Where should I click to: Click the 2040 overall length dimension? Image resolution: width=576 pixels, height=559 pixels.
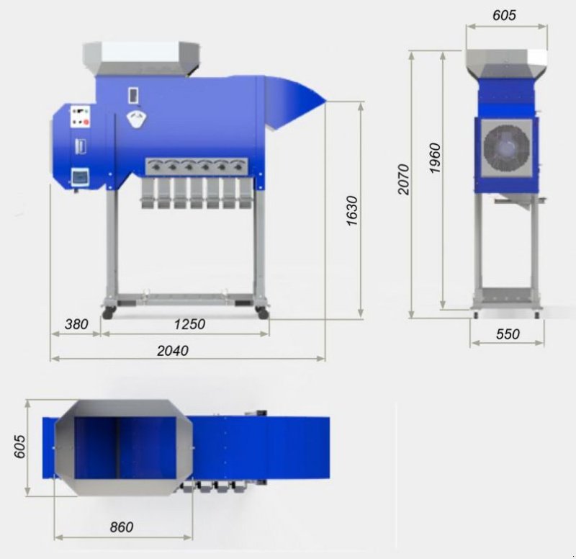pos(173,350)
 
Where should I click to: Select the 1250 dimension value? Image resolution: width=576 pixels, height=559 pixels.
pos(189,324)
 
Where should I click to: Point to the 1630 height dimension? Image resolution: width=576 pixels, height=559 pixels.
pos(351,210)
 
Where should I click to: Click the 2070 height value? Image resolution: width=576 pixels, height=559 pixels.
pos(403,180)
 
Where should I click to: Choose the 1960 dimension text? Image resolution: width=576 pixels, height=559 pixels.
pos(434,158)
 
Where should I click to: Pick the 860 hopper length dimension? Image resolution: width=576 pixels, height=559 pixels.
pos(122,527)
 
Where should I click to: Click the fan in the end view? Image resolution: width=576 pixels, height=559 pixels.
pos(507,147)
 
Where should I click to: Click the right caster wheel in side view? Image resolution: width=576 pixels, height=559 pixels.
pos(261,313)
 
